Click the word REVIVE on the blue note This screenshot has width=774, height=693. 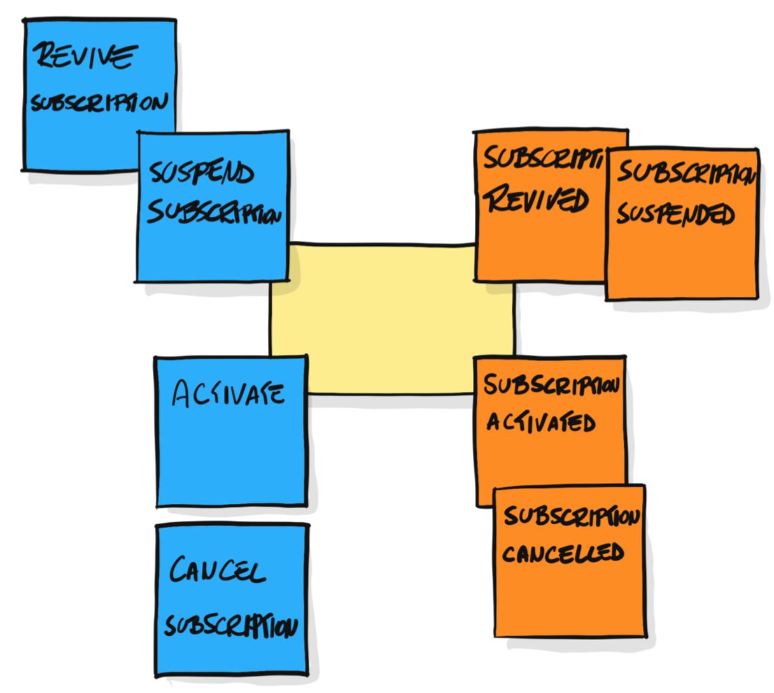[84, 56]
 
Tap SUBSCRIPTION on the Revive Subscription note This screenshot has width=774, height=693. [99, 103]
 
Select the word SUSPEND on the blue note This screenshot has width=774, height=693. [201, 172]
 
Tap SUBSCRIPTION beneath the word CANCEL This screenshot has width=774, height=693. [230, 625]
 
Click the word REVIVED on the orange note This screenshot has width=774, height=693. [536, 199]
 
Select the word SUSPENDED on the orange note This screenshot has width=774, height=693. [675, 214]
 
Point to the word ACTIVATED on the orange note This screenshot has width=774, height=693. [541, 422]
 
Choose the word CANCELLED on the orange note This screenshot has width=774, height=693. [563, 553]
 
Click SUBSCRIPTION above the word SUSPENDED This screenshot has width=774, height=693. [686, 172]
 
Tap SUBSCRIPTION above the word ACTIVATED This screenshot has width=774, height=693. [551, 385]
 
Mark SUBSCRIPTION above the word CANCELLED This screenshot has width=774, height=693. [571, 515]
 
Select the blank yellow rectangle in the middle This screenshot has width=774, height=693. [391, 318]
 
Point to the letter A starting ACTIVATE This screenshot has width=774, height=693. [183, 394]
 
